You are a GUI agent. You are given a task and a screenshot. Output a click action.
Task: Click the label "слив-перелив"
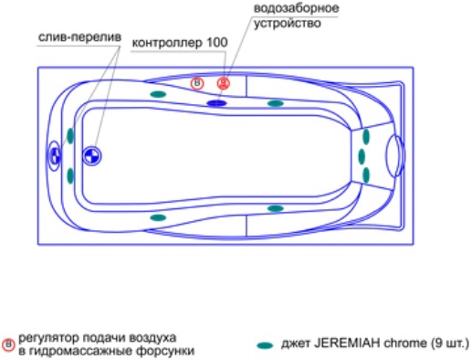[x=79, y=37]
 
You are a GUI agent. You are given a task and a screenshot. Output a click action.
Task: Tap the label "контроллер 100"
[x=180, y=43]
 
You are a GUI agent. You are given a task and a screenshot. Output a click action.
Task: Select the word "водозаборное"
[x=296, y=8]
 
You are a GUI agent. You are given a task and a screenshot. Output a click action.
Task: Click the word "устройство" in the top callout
[x=288, y=23]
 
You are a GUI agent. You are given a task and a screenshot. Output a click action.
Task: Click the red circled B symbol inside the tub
[x=197, y=83]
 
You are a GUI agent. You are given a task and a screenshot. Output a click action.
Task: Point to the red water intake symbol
[x=224, y=83]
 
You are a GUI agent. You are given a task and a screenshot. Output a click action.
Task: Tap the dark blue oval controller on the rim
[x=216, y=103]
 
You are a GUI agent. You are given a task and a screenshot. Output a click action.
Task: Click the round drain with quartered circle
[x=92, y=156]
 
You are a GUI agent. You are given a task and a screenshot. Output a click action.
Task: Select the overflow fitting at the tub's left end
[x=55, y=155]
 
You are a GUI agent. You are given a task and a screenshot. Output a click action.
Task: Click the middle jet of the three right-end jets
[x=361, y=156]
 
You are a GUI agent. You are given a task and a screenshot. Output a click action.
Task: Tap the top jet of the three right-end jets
[x=366, y=136]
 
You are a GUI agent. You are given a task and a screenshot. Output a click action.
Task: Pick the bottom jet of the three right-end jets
[x=366, y=175]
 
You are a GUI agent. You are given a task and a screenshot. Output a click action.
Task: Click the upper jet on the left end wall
[x=70, y=136]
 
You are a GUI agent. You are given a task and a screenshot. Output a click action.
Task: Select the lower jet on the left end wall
[x=70, y=175]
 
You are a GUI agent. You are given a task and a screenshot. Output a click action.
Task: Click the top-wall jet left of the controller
[x=158, y=94]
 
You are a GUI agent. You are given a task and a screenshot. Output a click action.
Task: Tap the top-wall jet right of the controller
[x=276, y=103]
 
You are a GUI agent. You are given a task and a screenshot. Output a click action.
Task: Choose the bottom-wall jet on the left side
[x=158, y=217]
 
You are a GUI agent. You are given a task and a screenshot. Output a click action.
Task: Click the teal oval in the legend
[x=265, y=345]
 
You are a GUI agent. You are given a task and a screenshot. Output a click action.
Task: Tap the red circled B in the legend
[x=8, y=345]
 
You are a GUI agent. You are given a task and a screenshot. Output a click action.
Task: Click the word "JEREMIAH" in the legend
[x=347, y=344]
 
